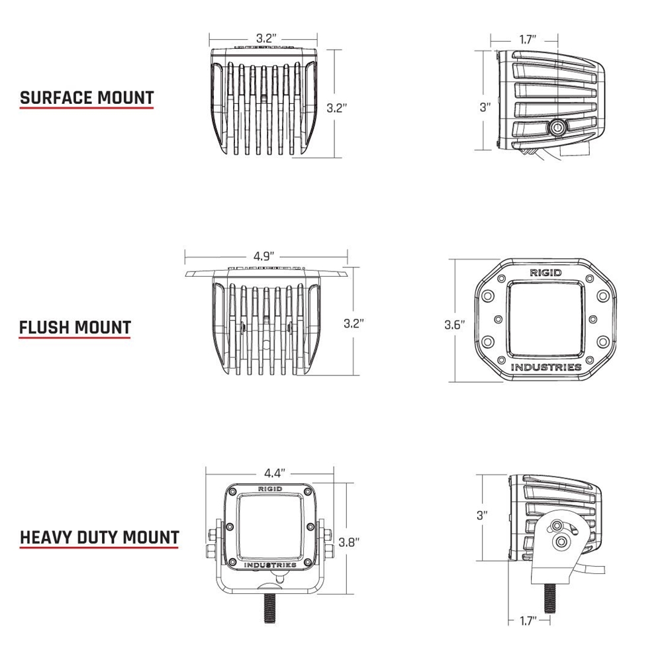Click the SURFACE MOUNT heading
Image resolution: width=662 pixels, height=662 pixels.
click(x=87, y=97)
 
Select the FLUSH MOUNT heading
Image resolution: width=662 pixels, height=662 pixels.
click(x=75, y=327)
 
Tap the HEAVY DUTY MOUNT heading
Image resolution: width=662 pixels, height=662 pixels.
click(x=100, y=538)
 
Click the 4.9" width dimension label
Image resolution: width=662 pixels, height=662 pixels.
click(x=264, y=256)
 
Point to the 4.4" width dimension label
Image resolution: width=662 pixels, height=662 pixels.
click(x=275, y=473)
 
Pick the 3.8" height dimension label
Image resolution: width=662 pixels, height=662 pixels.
click(x=349, y=542)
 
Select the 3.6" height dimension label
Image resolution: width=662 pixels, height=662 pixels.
click(x=455, y=324)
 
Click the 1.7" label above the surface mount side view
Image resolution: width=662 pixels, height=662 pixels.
click(x=528, y=40)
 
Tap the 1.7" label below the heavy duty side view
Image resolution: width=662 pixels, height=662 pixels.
click(x=528, y=621)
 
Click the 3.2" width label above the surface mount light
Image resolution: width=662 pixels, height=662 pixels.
click(x=266, y=38)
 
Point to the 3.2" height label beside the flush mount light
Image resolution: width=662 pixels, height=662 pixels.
click(x=354, y=324)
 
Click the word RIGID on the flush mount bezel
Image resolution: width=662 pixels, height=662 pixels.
click(x=545, y=273)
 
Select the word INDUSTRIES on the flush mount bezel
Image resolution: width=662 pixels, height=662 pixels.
click(x=546, y=367)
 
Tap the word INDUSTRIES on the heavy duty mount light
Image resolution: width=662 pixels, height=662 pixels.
click(x=270, y=565)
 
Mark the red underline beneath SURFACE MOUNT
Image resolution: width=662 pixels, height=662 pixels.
click(x=87, y=108)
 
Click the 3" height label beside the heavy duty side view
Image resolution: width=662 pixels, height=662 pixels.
click(x=482, y=515)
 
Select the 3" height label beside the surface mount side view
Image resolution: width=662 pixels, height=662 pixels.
click(x=485, y=107)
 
